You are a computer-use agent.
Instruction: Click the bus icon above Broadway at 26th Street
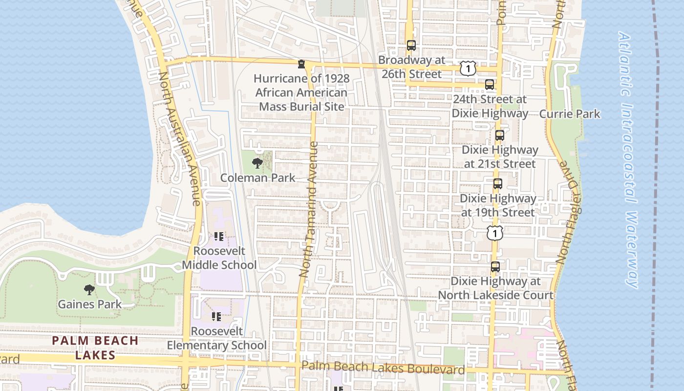coord(411,45)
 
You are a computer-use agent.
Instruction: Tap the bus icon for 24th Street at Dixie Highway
coord(490,85)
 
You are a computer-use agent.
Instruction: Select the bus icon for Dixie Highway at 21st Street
coord(499,135)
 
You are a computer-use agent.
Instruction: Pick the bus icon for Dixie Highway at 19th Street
coord(497,184)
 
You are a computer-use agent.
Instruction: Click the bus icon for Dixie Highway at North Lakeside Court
coord(495,267)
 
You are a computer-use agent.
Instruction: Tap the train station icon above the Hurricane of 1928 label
coord(301,64)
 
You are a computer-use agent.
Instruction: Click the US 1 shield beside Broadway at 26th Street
coord(468,68)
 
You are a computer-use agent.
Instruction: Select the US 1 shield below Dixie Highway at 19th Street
coord(495,233)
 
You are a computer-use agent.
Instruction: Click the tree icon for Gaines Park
coord(89,290)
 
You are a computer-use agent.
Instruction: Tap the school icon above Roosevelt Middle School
coord(218,237)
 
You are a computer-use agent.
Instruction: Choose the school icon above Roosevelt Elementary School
coord(216,317)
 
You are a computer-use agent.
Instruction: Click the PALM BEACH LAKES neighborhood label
coord(95,348)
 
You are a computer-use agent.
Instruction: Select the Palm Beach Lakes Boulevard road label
coord(383,368)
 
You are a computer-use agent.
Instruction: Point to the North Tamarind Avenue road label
coord(309,210)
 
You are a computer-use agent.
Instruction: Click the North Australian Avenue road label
coord(180,139)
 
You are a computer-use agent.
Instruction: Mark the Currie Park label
coord(569,114)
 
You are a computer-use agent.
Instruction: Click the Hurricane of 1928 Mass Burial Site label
coord(302,92)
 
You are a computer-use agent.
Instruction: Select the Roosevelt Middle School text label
coord(219,258)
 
